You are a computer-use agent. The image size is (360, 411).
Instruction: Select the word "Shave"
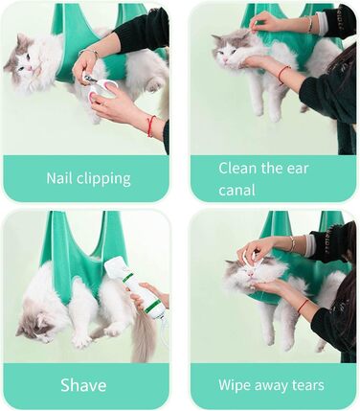pyautogui.click(x=83, y=385)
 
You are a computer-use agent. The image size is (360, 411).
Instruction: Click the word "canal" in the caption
pyautogui.click(x=236, y=190)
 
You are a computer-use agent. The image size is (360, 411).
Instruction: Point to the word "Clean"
pyautogui.click(x=237, y=168)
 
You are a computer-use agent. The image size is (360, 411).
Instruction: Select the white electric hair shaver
pyautogui.click(x=140, y=287)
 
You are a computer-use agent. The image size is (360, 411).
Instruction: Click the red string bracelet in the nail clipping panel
pyautogui.click(x=150, y=126)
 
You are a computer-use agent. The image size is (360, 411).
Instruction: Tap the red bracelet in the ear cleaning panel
pyautogui.click(x=281, y=74)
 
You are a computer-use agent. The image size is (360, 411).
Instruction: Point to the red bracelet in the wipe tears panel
pyautogui.click(x=303, y=306)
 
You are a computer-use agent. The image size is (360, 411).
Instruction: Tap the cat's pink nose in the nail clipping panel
pyautogui.click(x=29, y=68)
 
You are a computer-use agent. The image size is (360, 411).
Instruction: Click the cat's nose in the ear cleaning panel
pyautogui.click(x=225, y=60)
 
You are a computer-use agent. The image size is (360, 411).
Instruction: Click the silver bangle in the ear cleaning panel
pyautogui.click(x=309, y=25)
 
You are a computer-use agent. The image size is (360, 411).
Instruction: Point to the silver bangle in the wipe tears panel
pyautogui.click(x=292, y=243)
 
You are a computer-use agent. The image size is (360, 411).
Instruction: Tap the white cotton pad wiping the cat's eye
pyautogui.click(x=247, y=259)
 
